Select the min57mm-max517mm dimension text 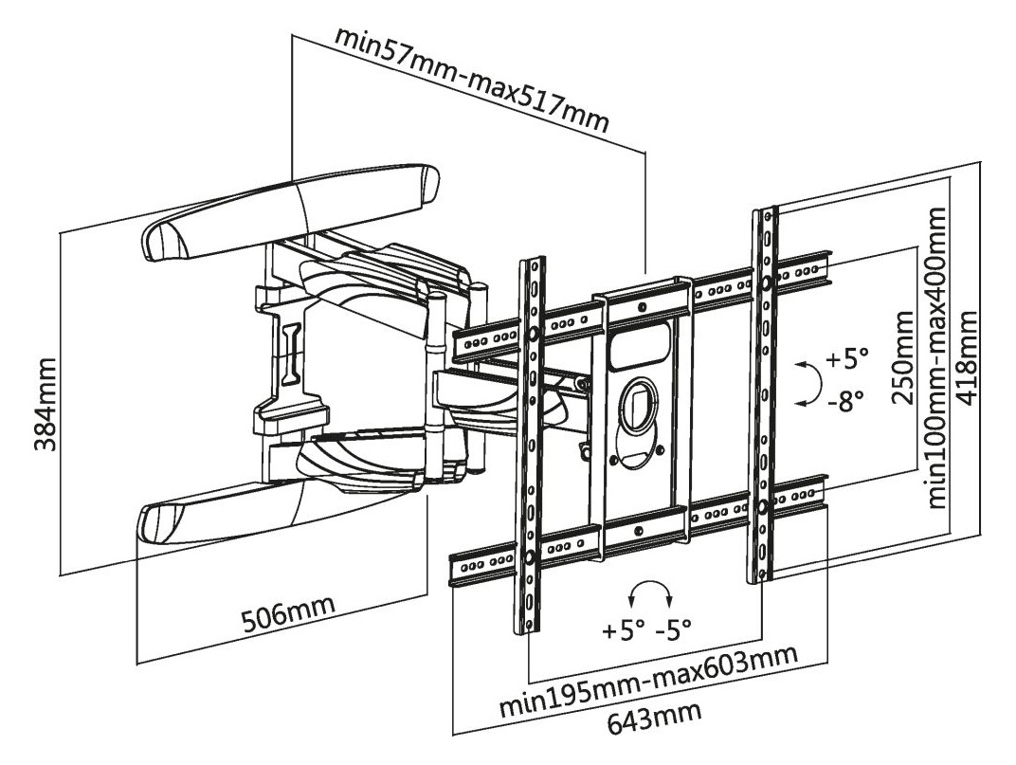471,80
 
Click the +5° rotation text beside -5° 623,628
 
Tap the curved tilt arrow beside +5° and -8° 807,382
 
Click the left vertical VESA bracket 531,446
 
